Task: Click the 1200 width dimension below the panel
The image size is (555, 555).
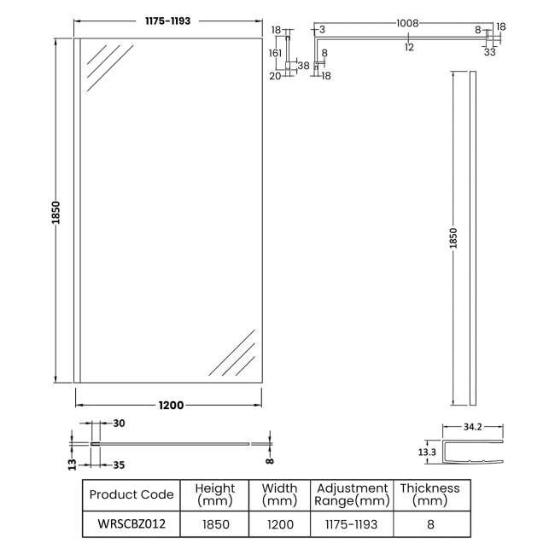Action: (171, 405)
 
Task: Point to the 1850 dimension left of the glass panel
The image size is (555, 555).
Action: (55, 213)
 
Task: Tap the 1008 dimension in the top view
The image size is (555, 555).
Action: (407, 24)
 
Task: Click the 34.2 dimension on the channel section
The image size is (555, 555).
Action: (474, 426)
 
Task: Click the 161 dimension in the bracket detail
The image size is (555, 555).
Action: (276, 52)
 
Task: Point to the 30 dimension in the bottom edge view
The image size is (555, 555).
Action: (119, 423)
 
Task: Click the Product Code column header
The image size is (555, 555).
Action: (131, 494)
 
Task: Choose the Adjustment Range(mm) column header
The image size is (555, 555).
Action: (352, 494)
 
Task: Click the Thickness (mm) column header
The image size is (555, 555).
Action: (429, 494)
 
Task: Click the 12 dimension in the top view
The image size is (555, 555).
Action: (409, 48)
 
